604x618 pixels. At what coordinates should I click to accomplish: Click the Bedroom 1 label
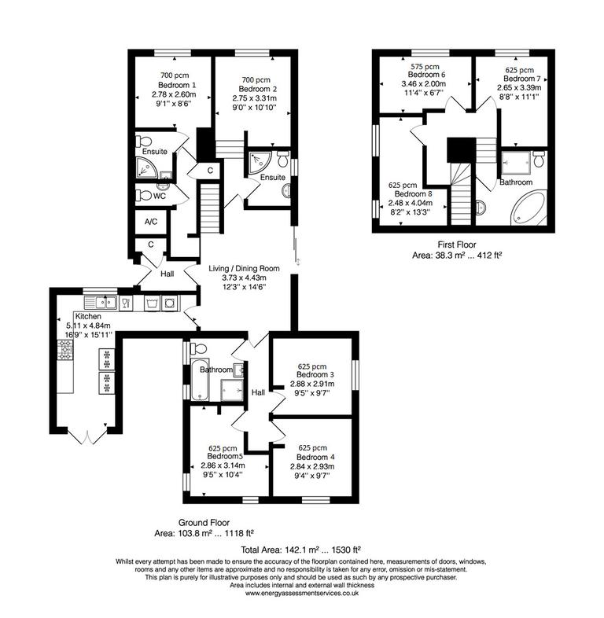coord(176,84)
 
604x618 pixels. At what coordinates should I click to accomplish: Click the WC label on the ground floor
coord(159,196)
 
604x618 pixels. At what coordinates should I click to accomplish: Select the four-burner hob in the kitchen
coord(64,350)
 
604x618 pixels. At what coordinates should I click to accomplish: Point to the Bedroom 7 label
coord(522,79)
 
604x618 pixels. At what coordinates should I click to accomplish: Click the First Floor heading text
coord(454,245)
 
